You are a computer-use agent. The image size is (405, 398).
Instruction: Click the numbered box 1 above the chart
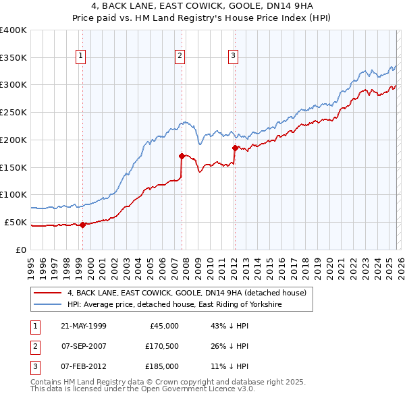(81, 57)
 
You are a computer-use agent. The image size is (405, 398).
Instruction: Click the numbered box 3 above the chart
(233, 57)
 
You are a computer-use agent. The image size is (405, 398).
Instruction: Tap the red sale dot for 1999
(82, 225)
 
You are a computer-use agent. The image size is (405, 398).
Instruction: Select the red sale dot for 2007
(182, 156)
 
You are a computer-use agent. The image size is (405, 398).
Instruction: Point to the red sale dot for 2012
(234, 148)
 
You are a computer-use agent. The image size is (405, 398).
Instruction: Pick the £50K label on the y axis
(16, 222)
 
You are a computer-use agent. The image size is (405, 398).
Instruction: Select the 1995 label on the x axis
(30, 266)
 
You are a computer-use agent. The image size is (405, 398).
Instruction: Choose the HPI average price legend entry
(173, 305)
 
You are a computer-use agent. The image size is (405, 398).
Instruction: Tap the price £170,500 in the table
(161, 346)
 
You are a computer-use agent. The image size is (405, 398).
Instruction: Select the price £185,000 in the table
(161, 366)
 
